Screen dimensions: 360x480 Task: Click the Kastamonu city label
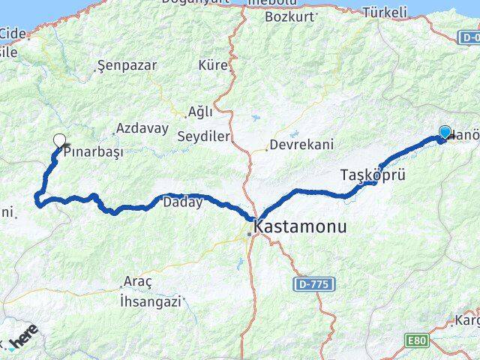(300, 226)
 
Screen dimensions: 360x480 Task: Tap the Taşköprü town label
(373, 175)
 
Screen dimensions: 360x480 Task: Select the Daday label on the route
(182, 202)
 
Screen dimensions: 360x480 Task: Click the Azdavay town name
(142, 128)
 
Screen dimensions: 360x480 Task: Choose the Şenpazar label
(127, 65)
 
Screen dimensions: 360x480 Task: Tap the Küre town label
(212, 65)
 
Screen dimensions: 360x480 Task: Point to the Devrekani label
(301, 145)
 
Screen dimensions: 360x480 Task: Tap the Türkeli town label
(384, 12)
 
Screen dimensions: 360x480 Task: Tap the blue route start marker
(445, 133)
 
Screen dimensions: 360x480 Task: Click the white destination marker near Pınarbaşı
(59, 139)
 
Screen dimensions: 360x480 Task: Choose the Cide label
(13, 33)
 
